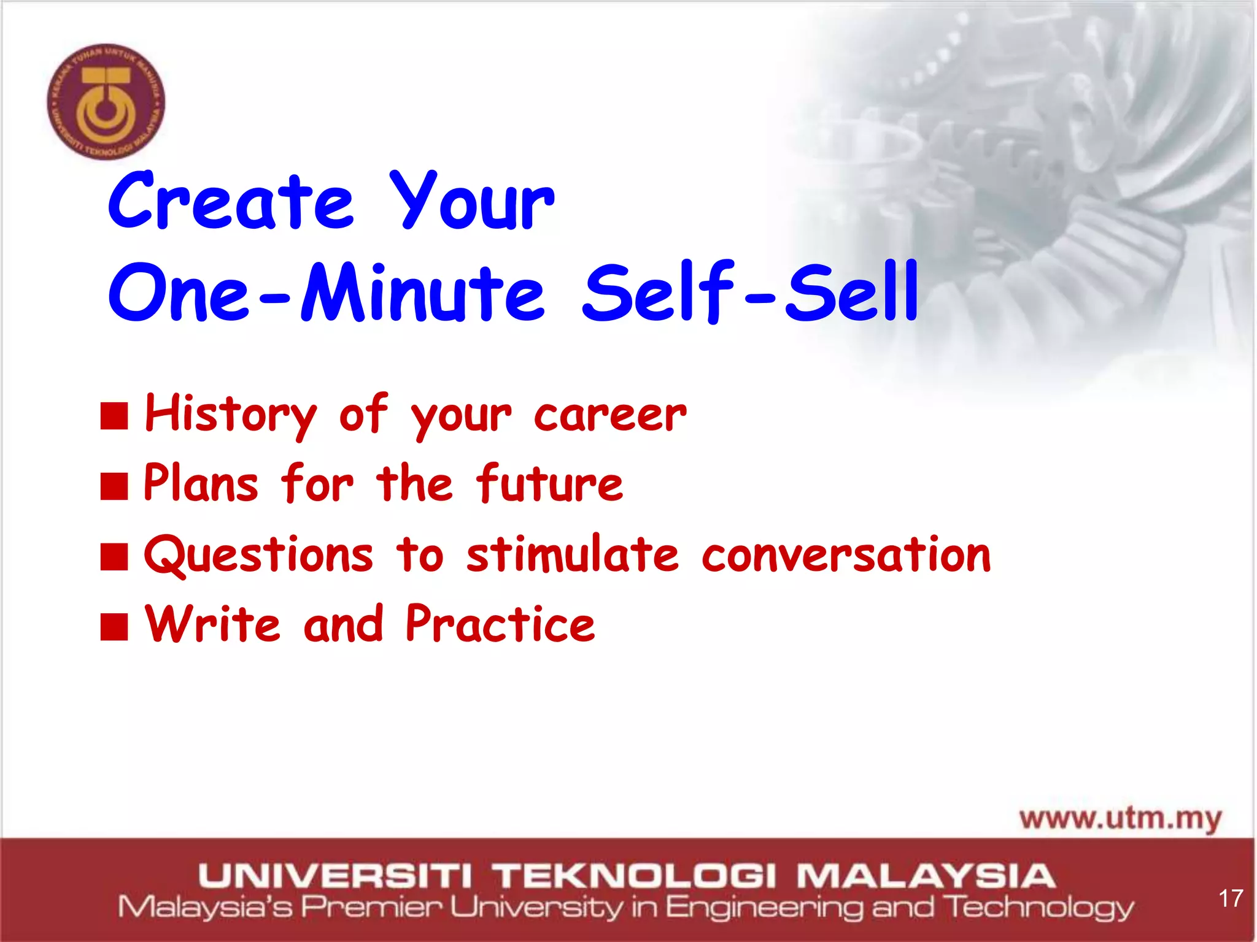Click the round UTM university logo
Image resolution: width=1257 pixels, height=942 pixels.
pyautogui.click(x=106, y=102)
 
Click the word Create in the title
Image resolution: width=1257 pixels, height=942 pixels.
pyautogui.click(x=231, y=202)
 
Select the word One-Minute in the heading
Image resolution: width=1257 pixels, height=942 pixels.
pyautogui.click(x=326, y=293)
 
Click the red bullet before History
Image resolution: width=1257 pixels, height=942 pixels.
pyautogui.click(x=114, y=416)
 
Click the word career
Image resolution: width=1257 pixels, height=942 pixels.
pyautogui.click(x=610, y=415)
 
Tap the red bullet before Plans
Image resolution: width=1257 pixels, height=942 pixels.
pyautogui.click(x=114, y=486)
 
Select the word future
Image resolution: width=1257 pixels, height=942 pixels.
pyautogui.click(x=549, y=484)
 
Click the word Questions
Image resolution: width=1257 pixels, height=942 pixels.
pyautogui.click(x=258, y=554)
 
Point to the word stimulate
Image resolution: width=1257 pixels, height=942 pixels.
pyautogui.click(x=572, y=554)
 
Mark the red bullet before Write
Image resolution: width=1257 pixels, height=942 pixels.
pyautogui.click(x=114, y=626)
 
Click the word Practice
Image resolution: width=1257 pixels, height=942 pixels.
pyautogui.click(x=500, y=624)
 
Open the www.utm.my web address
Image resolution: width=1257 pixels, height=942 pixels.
pyautogui.click(x=1120, y=818)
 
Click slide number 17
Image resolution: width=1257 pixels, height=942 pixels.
pyautogui.click(x=1231, y=898)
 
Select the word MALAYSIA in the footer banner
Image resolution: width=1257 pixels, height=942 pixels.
pyautogui.click(x=926, y=875)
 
